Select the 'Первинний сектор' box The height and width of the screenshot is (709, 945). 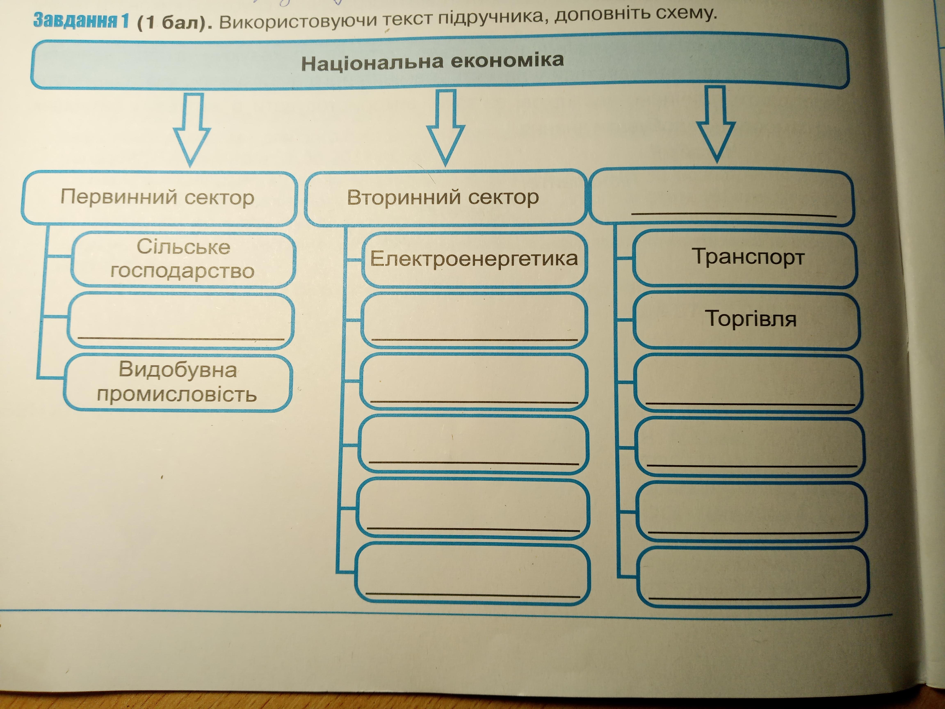158,198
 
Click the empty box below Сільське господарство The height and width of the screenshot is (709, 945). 180,320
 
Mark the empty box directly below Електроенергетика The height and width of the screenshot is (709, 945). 473,320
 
